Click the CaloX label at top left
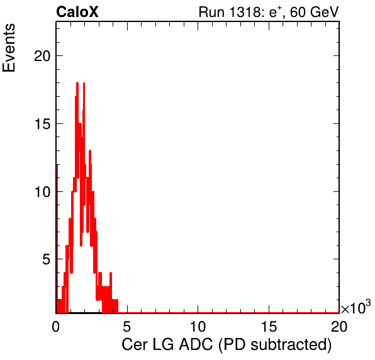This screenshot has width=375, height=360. [77, 12]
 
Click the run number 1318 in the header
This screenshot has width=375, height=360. [243, 12]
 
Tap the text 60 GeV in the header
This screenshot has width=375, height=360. [314, 12]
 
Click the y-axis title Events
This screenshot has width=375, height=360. [9, 48]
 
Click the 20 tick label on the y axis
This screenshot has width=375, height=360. [42, 56]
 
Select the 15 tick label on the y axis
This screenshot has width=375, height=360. [42, 124]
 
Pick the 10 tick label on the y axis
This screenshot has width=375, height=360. [42, 192]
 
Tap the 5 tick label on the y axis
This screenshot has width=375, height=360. [47, 259]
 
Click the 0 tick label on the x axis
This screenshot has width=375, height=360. [56, 326]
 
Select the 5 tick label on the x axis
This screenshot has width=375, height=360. [126, 326]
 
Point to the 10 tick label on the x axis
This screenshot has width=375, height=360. [198, 326]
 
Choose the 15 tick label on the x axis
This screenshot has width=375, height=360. [269, 326]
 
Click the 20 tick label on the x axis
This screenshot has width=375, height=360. [339, 326]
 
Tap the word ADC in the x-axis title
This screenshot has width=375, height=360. [196, 344]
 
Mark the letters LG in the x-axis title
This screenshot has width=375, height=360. [163, 344]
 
